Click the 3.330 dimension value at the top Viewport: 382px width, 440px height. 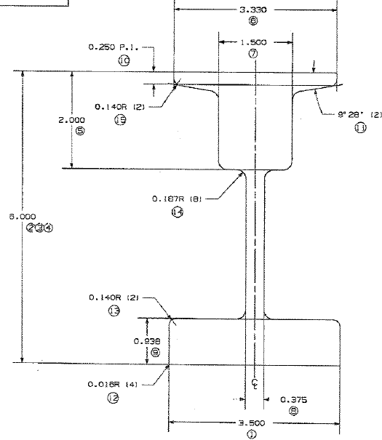click(252, 11)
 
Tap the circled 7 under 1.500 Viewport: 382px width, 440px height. click(252, 55)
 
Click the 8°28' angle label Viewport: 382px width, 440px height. click(354, 115)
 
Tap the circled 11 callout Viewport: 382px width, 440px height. click(359, 127)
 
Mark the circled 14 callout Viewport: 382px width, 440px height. click(177, 212)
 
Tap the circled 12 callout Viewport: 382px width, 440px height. click(113, 397)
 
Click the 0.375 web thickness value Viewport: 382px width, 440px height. click(293, 399)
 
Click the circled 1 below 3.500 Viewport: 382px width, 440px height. click(252, 435)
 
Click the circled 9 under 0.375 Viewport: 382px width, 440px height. click(293, 410)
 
